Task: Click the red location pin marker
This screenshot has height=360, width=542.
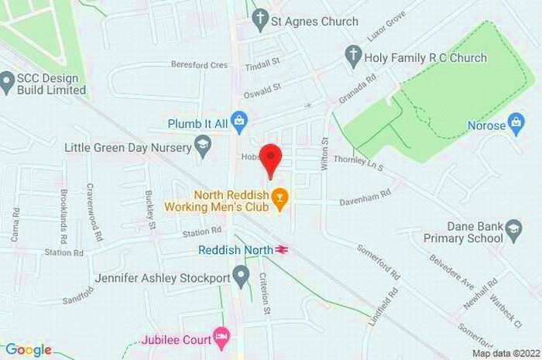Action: pos(269,159)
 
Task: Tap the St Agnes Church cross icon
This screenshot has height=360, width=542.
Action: pos(259,21)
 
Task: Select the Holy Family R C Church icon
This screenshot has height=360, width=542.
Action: pos(353,57)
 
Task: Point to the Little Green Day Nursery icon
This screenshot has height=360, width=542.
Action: pos(203,145)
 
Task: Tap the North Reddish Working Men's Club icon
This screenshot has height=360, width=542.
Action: pos(280,199)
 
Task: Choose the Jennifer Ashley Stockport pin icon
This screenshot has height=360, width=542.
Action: pos(242,274)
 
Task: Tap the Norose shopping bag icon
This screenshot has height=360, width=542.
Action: pos(516,122)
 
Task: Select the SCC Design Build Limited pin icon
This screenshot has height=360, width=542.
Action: pos(8,79)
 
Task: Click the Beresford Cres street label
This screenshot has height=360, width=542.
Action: pos(200,66)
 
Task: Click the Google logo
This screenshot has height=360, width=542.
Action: pos(28,350)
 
